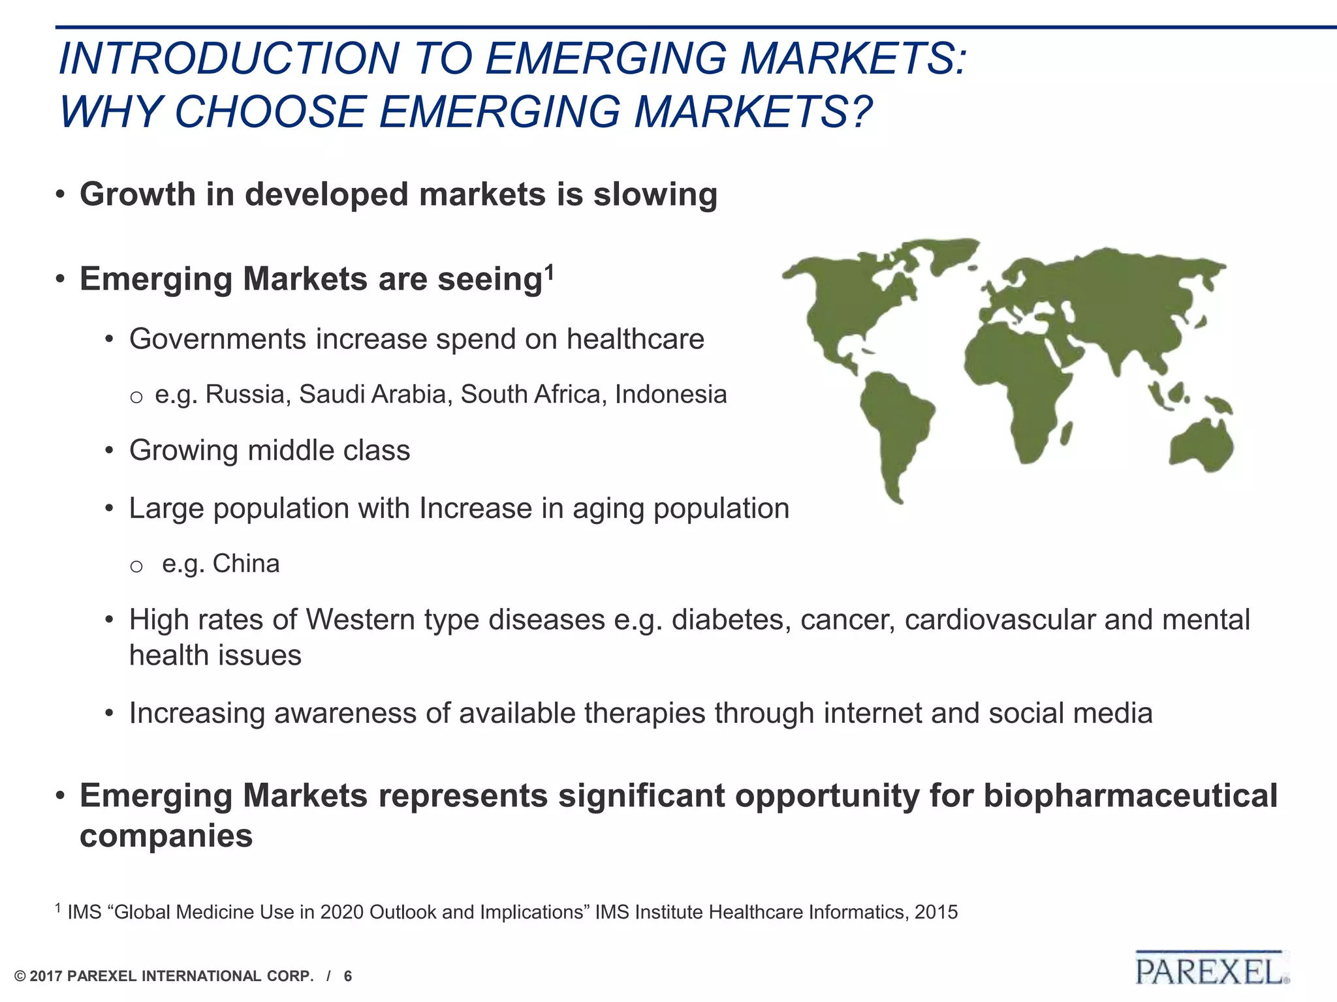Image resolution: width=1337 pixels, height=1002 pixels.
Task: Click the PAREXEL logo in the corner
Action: tap(1212, 970)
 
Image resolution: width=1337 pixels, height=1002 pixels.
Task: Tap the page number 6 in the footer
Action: tap(348, 977)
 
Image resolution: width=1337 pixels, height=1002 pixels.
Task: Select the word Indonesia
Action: tap(670, 395)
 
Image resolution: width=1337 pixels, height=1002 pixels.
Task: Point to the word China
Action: tap(245, 564)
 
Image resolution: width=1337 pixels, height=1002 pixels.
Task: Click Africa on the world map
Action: tap(1018, 378)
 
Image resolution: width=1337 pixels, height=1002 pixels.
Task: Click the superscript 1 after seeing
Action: tap(550, 271)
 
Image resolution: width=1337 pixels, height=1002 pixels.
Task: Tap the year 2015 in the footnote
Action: tap(936, 912)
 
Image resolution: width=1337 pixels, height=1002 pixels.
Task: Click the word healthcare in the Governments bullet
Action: tap(635, 339)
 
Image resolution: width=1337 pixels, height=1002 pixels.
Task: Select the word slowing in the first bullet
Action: tap(655, 194)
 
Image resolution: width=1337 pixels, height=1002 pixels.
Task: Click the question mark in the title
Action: tap(861, 111)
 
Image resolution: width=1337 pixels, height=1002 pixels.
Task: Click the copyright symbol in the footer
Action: tap(20, 977)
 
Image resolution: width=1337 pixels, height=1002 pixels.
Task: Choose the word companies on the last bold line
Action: tap(166, 836)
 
